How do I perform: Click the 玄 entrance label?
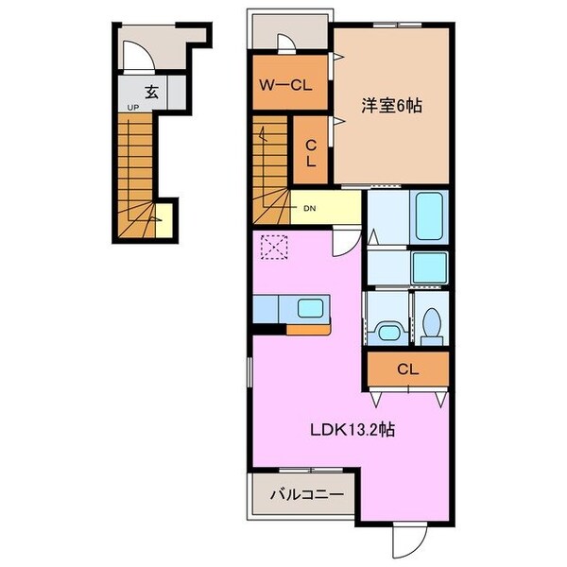(150, 92)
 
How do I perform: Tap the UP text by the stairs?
(133, 109)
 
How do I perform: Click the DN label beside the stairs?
(310, 207)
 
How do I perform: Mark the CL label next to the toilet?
(407, 368)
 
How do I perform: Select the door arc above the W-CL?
(286, 43)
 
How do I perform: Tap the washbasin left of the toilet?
(387, 330)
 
